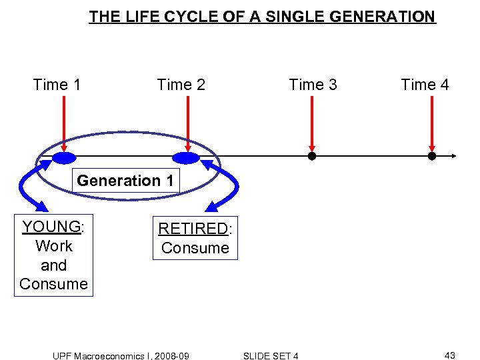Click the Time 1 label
pos(57,85)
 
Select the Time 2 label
pos(181,85)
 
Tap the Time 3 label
pos(313,85)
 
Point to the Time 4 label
pos(425,85)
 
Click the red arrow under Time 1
pos(63,123)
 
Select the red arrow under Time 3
pos(312,123)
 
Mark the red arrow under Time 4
pos(431,123)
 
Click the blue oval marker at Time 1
pos(65,157)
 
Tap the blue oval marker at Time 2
pos(186,157)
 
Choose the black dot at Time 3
pos(311,157)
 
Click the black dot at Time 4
pos(431,157)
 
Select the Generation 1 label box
pos(125,181)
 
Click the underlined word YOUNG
pos(51,227)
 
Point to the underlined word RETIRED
pos(193,229)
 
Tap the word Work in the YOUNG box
pos(53,246)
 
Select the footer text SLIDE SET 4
pos(271,356)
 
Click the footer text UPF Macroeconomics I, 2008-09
pos(121,356)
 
